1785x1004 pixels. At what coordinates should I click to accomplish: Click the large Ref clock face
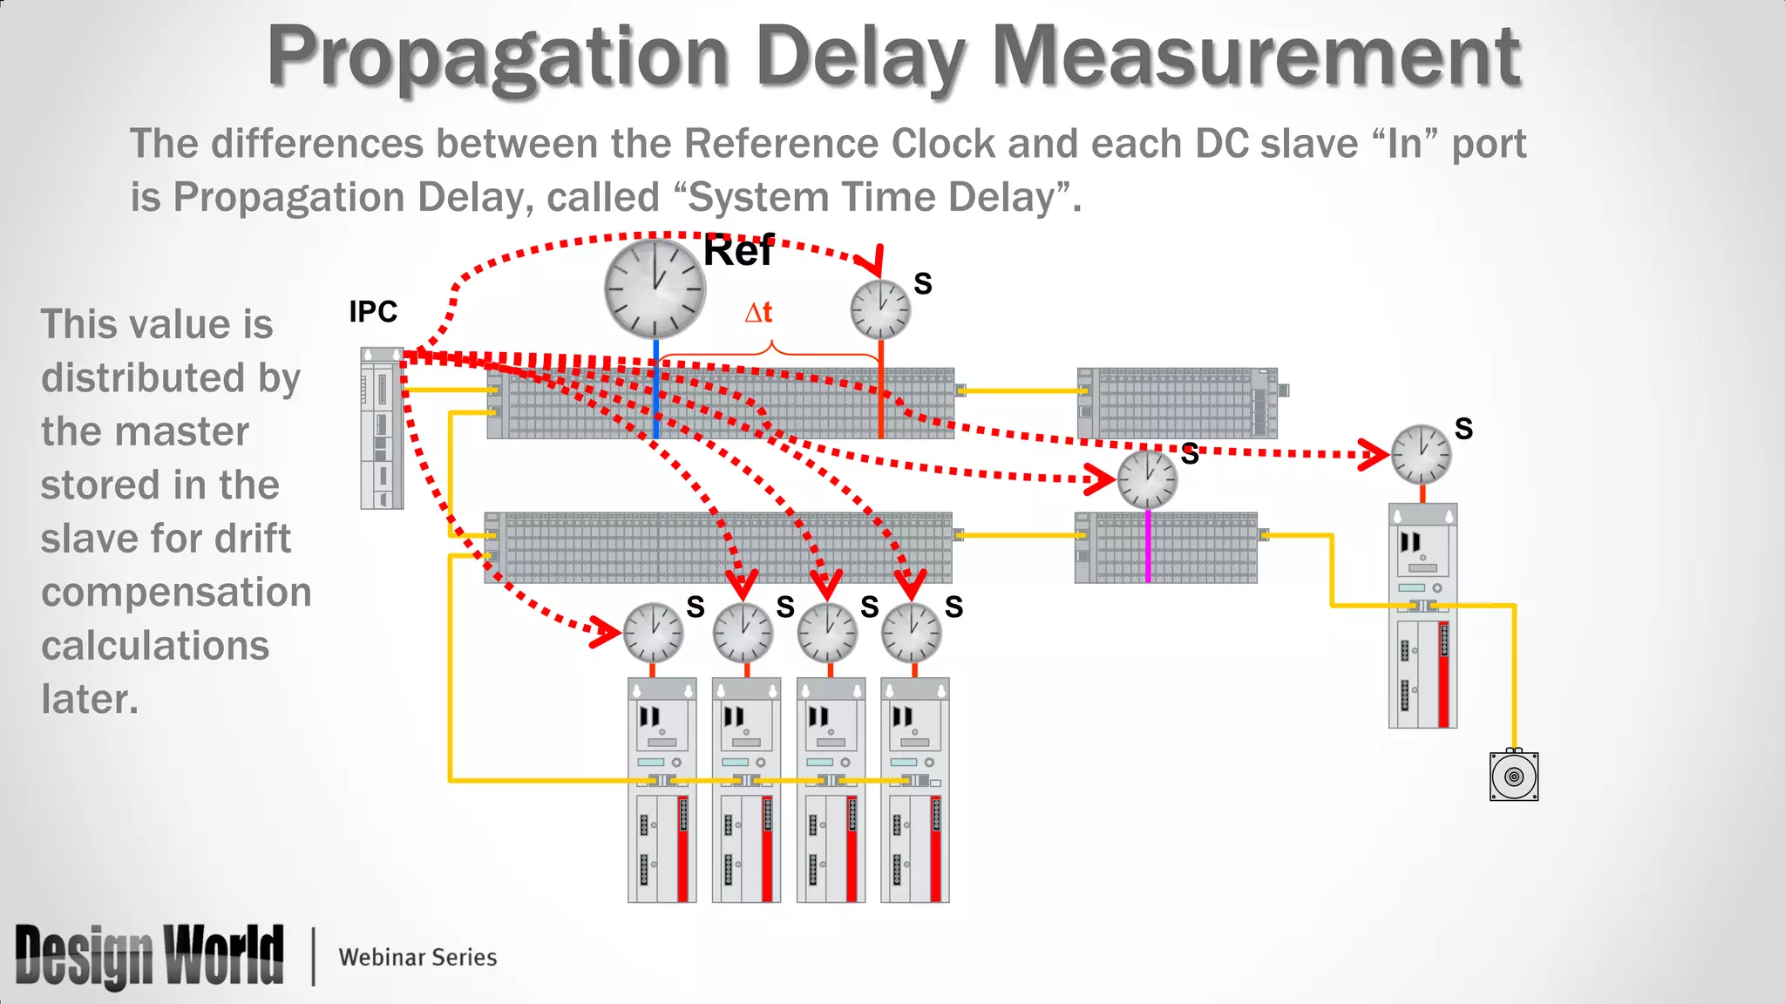pyautogui.click(x=655, y=288)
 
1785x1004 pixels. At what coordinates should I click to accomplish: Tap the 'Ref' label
pyautogui.click(x=737, y=252)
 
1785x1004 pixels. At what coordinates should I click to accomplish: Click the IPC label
pyautogui.click(x=373, y=311)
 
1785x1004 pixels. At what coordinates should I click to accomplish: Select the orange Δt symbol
pyautogui.click(x=758, y=312)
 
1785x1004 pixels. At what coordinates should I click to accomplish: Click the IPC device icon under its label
pyautogui.click(x=382, y=428)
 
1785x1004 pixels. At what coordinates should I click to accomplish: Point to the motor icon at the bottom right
pyautogui.click(x=1514, y=776)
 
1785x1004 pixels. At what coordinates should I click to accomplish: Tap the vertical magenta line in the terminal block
pyautogui.click(x=1148, y=546)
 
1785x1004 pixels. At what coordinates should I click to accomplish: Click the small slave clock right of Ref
pyautogui.click(x=880, y=309)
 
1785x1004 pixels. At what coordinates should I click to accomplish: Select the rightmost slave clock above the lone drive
pyautogui.click(x=1421, y=454)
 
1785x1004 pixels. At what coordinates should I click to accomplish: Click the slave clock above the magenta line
pyautogui.click(x=1147, y=479)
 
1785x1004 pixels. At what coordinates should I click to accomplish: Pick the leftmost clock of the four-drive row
pyautogui.click(x=653, y=633)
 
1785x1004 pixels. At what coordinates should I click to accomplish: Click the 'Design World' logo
pyautogui.click(x=149, y=956)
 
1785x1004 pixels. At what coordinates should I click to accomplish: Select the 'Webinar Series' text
pyautogui.click(x=417, y=957)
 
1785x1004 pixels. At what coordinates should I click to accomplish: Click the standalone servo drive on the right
pyautogui.click(x=1422, y=615)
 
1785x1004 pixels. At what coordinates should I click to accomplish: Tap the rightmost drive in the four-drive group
pyautogui.click(x=914, y=790)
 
